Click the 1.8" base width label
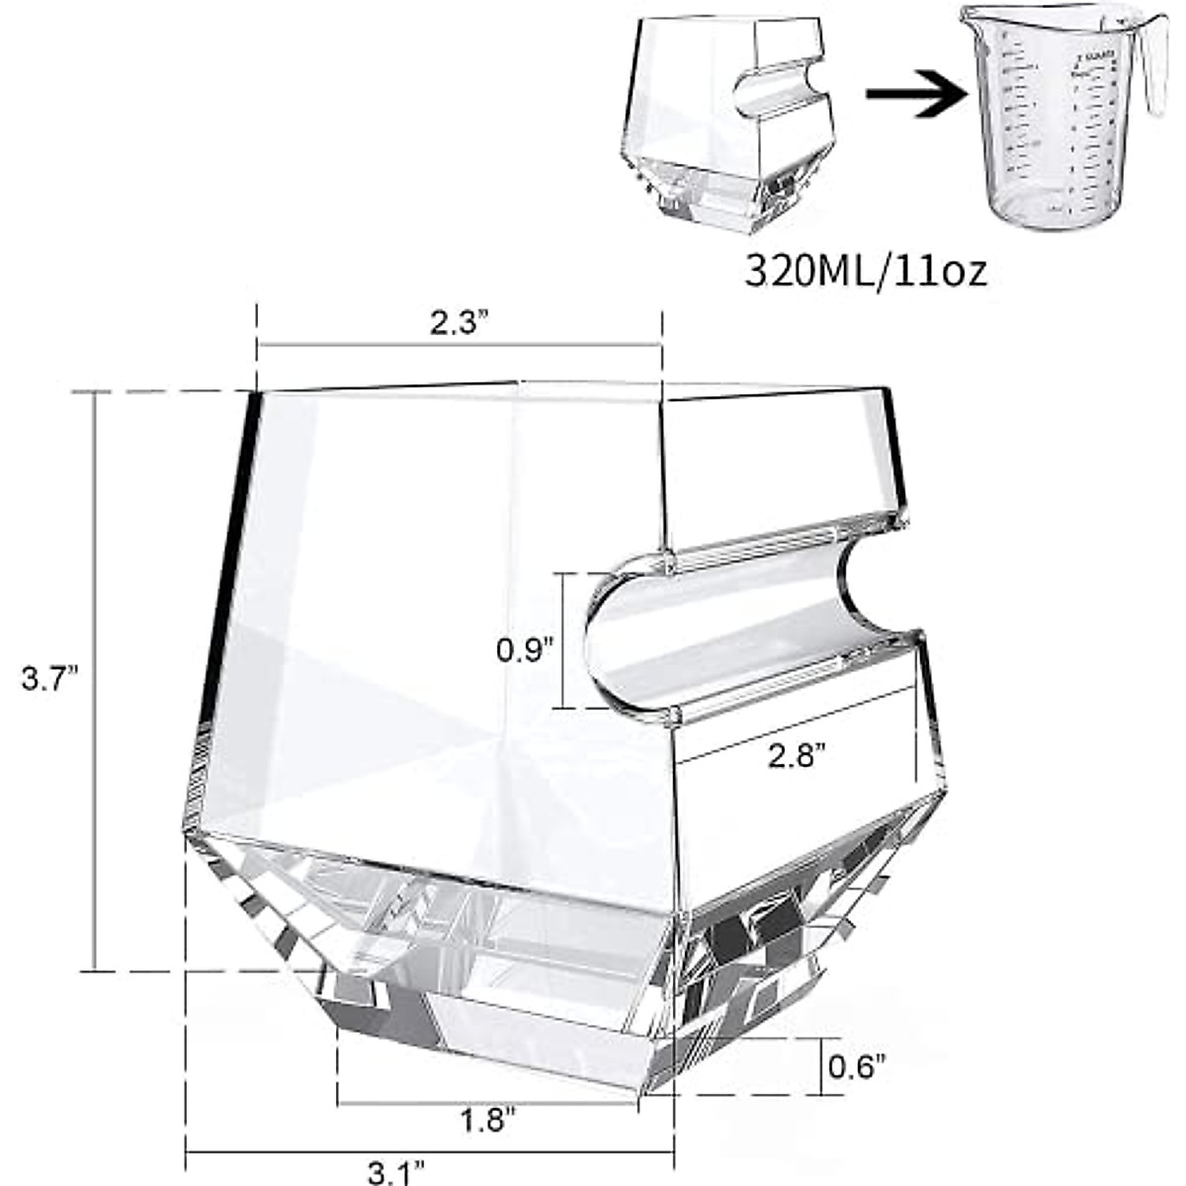(x=488, y=1122)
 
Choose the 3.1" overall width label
(x=395, y=1173)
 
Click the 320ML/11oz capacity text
(x=866, y=271)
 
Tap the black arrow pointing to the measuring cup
(x=913, y=94)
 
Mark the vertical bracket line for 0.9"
(x=561, y=639)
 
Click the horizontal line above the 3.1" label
(x=430, y=1151)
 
